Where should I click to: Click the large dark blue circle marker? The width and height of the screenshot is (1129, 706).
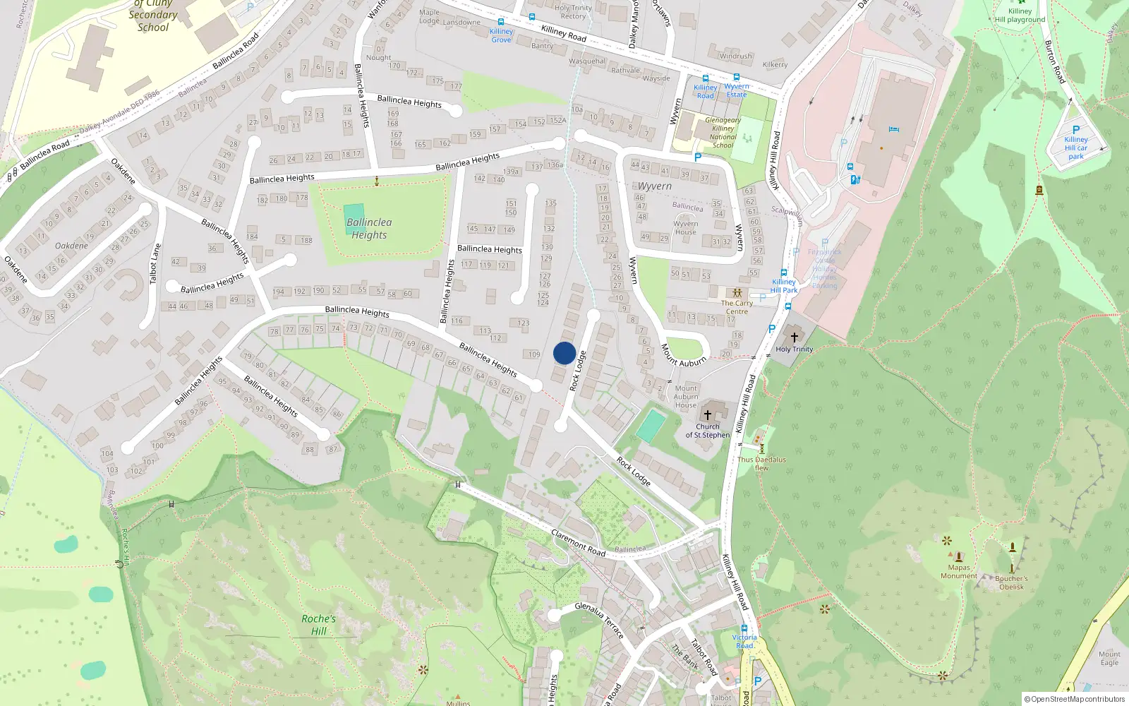[x=564, y=353]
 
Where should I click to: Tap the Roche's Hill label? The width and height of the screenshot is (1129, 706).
[x=318, y=625]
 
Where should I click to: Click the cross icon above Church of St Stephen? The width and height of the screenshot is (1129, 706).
[x=707, y=415]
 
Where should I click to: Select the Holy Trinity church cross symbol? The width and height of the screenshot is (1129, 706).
[x=794, y=337]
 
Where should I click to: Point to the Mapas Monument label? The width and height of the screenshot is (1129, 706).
[x=959, y=572]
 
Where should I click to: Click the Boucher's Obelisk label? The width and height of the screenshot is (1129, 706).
[x=1011, y=582]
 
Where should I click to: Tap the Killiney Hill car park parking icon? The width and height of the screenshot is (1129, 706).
[x=1076, y=130]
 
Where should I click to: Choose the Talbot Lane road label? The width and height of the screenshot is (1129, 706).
[x=155, y=264]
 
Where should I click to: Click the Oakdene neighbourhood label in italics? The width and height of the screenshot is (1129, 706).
[x=71, y=246]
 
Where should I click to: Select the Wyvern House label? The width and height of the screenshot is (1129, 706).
[x=685, y=227]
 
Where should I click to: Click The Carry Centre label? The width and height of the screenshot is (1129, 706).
[x=737, y=307]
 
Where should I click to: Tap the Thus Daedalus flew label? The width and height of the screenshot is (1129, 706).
[x=761, y=463]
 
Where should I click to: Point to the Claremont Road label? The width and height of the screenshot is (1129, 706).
[x=578, y=542]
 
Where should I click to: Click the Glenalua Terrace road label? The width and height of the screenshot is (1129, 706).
[x=599, y=620]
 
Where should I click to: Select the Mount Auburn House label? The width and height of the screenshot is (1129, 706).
[x=685, y=397]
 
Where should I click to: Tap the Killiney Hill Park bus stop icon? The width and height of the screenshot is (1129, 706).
[x=783, y=273]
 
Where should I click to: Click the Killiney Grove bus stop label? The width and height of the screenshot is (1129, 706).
[x=501, y=35]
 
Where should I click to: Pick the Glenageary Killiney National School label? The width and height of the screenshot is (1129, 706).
[x=723, y=133]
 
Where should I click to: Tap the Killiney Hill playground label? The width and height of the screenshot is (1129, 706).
[x=1020, y=16]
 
